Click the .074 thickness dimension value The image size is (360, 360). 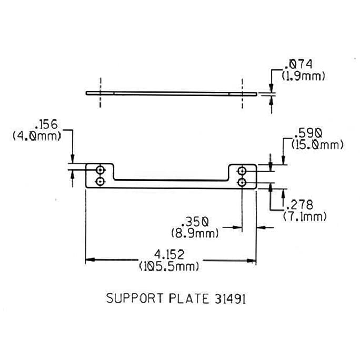(299, 65)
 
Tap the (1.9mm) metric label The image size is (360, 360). (303, 75)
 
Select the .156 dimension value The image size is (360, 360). (47, 125)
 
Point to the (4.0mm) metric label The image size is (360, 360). (37, 136)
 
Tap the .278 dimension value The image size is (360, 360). (298, 205)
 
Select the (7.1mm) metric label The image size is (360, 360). (305, 216)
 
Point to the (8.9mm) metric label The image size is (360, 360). (194, 232)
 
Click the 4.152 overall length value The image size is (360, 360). (169, 255)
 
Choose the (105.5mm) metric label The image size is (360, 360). (169, 266)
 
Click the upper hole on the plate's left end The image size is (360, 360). (100, 171)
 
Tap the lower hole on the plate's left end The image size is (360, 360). (100, 182)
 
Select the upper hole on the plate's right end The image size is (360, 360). (242, 171)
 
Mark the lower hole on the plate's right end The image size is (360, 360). (242, 182)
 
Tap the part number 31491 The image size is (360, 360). (230, 298)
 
